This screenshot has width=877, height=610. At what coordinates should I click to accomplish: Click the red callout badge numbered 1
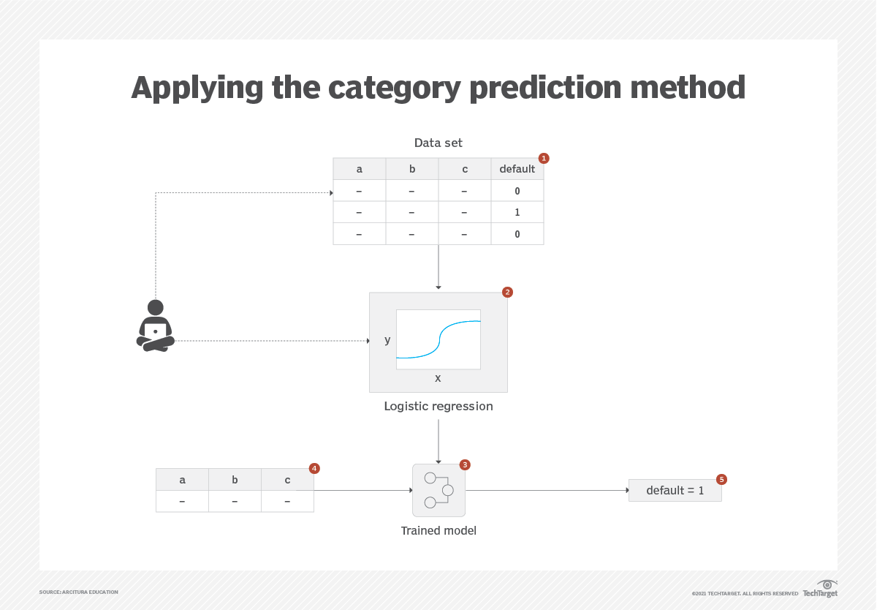click(x=543, y=158)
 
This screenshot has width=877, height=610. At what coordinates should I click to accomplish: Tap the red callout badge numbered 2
click(x=507, y=292)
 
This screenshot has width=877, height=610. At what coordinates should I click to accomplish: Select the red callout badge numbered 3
click(x=465, y=464)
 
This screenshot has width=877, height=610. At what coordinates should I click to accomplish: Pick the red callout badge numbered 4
click(x=314, y=468)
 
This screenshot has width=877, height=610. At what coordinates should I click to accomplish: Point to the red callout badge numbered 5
click(x=721, y=479)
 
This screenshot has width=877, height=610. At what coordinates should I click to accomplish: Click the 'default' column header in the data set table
click(x=517, y=169)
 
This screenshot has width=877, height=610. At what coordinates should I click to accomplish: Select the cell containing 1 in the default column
click(x=517, y=212)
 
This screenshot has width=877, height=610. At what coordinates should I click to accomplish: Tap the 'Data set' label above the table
click(x=438, y=143)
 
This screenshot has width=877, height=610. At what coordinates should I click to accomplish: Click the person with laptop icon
click(x=156, y=326)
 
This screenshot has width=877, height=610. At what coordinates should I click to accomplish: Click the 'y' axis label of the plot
click(x=387, y=340)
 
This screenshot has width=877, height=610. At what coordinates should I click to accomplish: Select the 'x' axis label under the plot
click(x=438, y=378)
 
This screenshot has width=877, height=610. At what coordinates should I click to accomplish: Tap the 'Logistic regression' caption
click(x=438, y=406)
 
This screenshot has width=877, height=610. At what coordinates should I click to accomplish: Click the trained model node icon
click(x=438, y=490)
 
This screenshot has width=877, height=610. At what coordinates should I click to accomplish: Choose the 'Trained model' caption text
click(x=438, y=530)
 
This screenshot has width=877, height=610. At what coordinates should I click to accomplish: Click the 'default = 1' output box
click(x=675, y=491)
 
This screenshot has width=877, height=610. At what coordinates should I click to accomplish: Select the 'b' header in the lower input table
click(x=235, y=480)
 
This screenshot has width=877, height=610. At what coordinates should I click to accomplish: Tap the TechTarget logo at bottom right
click(x=820, y=589)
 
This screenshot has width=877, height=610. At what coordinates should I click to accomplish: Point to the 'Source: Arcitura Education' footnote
click(x=78, y=592)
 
